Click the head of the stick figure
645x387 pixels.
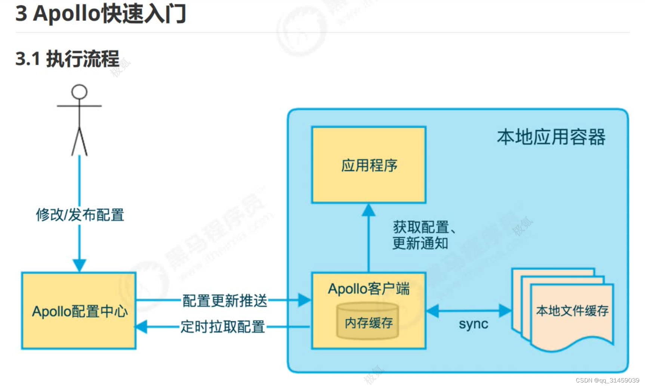[x=79, y=92]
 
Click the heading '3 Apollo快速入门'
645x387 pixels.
[x=101, y=14]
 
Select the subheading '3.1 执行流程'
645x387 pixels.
[x=67, y=59]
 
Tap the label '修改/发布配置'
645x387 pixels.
[x=80, y=215]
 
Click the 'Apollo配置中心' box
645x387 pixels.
[x=79, y=311]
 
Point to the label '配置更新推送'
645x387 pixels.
[x=225, y=300]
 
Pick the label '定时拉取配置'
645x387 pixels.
[x=223, y=327]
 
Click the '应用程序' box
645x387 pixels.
[x=369, y=165]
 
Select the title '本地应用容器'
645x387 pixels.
[x=551, y=137]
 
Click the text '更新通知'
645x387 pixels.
[x=420, y=244]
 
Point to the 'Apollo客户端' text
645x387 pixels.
[x=368, y=289]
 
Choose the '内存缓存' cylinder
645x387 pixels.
[x=368, y=322]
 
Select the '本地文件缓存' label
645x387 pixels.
[x=572, y=311]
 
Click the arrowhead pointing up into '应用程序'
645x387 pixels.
[x=368, y=210]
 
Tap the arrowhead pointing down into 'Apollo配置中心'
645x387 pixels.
[x=79, y=265]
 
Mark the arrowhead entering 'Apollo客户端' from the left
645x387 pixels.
[x=304, y=300]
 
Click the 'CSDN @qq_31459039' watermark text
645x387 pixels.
[x=607, y=380]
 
